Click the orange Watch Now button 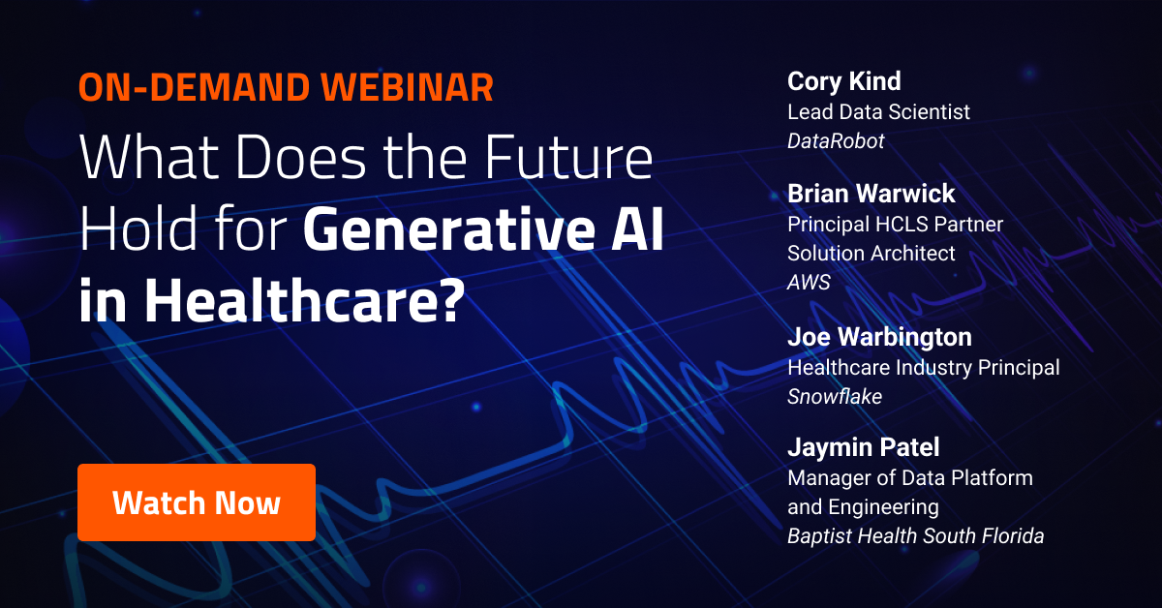coord(197,502)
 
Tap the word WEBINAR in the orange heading coord(408,87)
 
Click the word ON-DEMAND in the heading coord(194,87)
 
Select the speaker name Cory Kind coord(844,82)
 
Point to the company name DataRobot coord(836,141)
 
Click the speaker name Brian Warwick coord(871,194)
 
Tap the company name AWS coord(809,282)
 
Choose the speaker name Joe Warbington coord(879,337)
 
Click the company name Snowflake coord(835,397)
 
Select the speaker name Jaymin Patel coord(863,447)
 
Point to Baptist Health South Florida coord(916,536)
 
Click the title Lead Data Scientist coord(879,112)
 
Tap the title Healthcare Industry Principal coord(924,368)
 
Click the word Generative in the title coord(449,228)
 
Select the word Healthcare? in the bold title coord(304,300)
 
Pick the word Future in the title coord(568,157)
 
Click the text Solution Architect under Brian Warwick coord(871,253)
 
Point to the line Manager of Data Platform coord(910,478)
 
